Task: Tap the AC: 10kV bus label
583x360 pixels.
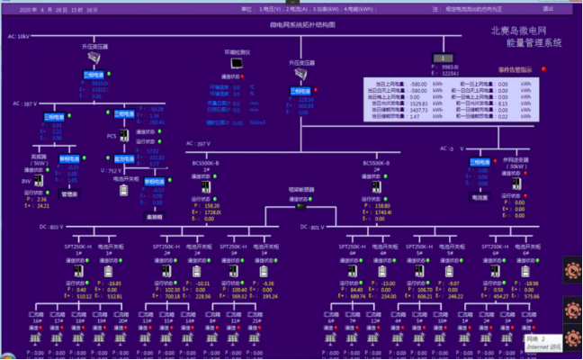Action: coord(19,37)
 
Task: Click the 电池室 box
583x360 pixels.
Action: coord(479,195)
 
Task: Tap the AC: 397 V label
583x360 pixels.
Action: coord(197,143)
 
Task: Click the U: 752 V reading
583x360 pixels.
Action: coord(108,169)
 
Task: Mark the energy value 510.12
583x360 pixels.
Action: coord(84,294)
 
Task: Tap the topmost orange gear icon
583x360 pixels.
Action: coord(572,268)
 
